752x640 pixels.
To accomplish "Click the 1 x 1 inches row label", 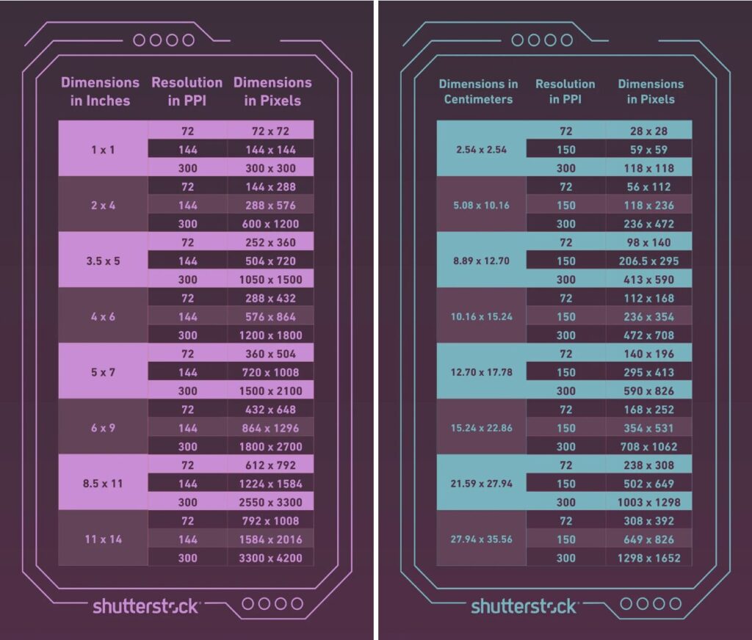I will pyautogui.click(x=103, y=150).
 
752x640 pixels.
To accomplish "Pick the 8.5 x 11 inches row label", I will pyautogui.click(x=103, y=484).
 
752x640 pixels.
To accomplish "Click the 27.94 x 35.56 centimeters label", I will pyautogui.click(x=481, y=539).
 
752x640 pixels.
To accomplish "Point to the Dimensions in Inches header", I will pyautogui.click(x=100, y=92).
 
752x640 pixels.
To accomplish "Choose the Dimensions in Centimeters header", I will pyautogui.click(x=478, y=92).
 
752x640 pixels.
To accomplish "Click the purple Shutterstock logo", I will pyautogui.click(x=145, y=606).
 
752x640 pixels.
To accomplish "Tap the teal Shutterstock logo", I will pyautogui.click(x=524, y=606).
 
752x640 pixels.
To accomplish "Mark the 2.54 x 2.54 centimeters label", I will pyautogui.click(x=481, y=150).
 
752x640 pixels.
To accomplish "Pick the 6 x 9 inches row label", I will pyautogui.click(x=103, y=428).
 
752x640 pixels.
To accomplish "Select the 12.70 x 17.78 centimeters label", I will pyautogui.click(x=481, y=372).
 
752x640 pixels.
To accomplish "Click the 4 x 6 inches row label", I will pyautogui.click(x=103, y=316).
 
